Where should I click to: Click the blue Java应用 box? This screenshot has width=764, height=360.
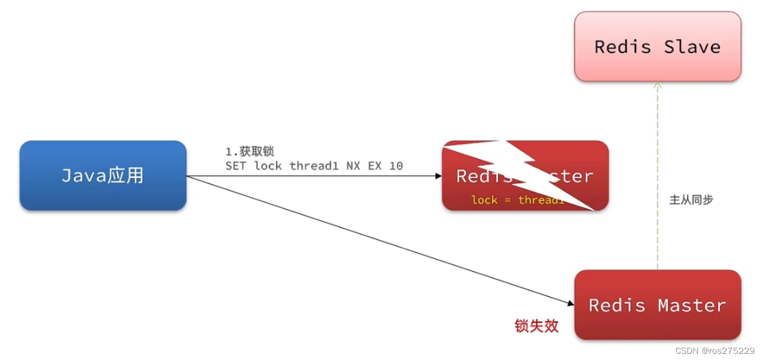pyautogui.click(x=103, y=175)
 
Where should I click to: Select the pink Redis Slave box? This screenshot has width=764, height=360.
pyautogui.click(x=658, y=46)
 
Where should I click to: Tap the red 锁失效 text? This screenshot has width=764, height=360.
pyautogui.click(x=537, y=326)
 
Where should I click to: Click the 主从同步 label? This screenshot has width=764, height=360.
pyautogui.click(x=691, y=200)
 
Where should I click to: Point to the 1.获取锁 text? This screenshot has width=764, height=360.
pyautogui.click(x=249, y=152)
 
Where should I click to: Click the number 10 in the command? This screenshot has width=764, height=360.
pyautogui.click(x=395, y=166)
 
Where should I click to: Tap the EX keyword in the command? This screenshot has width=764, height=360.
pyautogui.click(x=374, y=166)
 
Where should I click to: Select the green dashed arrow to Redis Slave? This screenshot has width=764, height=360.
pyautogui.click(x=658, y=177)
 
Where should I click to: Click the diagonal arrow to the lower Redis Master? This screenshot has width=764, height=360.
pyautogui.click(x=379, y=240)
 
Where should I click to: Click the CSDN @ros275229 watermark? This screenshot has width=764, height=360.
pyautogui.click(x=714, y=351)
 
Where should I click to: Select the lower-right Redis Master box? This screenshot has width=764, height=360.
pyautogui.click(x=658, y=305)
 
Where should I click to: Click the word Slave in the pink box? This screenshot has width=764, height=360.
pyautogui.click(x=692, y=47)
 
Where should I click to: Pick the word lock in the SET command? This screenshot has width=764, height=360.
pyautogui.click(x=268, y=166)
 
